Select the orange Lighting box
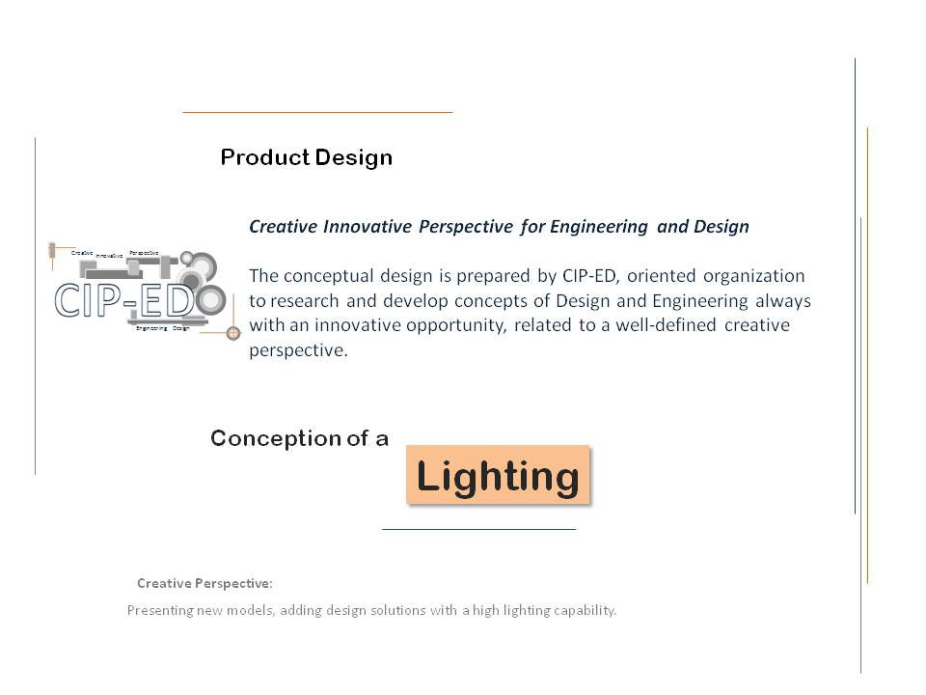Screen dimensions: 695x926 tap(497, 475)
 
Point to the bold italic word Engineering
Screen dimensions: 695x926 tap(599, 227)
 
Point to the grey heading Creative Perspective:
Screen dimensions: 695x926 tap(204, 584)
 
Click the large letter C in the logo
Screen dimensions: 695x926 tap(72, 300)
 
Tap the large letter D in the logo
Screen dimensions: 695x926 tap(179, 300)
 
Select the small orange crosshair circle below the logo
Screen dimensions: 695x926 tap(232, 333)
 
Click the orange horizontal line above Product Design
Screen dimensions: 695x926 tap(317, 113)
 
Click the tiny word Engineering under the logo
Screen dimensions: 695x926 tap(151, 329)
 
